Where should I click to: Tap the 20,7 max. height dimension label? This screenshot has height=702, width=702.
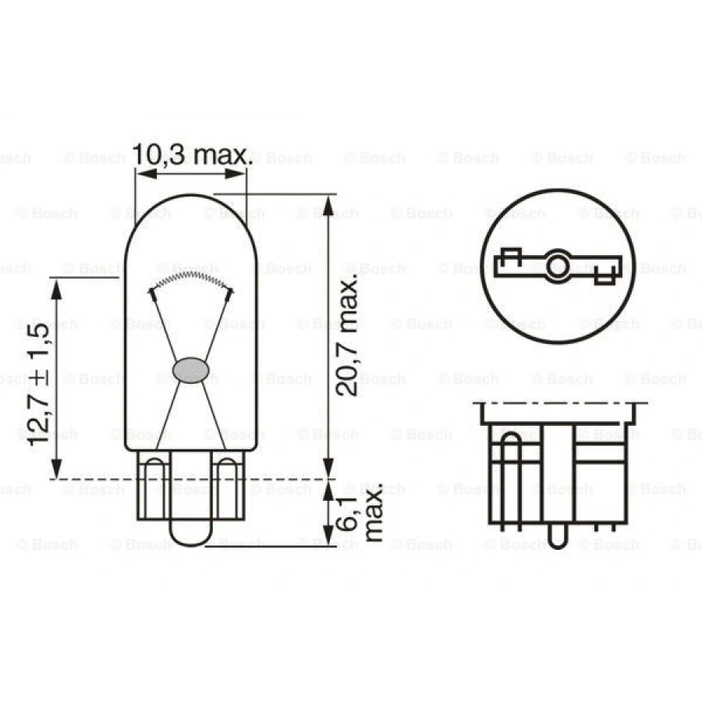coord(349,328)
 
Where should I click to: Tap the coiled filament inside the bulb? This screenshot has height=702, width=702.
coord(191,278)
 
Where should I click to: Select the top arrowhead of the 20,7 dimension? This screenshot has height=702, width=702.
coord(328,204)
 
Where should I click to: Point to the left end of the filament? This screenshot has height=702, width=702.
coord(152,292)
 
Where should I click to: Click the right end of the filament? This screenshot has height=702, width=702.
coord(230,292)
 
